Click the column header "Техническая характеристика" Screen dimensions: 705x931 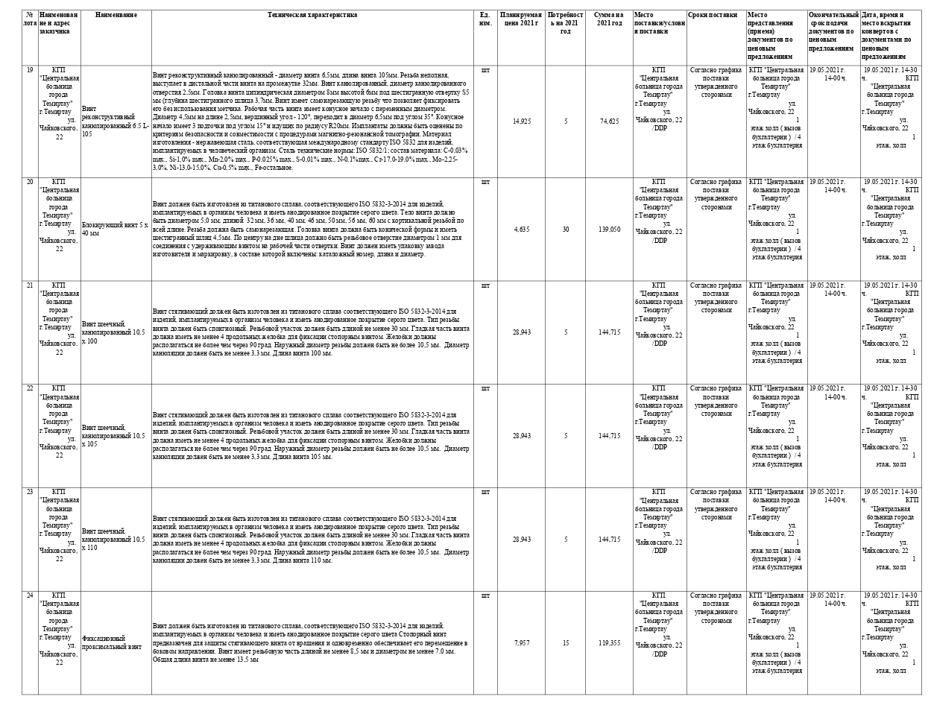point(312,15)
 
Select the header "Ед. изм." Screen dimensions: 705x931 point(485,19)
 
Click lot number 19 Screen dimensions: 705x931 point(30,70)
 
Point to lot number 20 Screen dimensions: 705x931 point(30,182)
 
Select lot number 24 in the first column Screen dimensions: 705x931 point(30,595)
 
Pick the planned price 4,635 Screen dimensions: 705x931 point(522,230)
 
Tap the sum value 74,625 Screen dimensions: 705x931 point(609,121)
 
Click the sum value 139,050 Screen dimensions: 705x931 point(609,230)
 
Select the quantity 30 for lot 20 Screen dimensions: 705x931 point(566,230)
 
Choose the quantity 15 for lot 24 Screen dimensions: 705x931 point(566,642)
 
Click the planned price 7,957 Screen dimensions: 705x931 point(522,642)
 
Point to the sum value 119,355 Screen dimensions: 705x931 point(609,642)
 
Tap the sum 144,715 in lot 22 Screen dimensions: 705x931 point(609,436)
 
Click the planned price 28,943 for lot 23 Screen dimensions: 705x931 point(522,540)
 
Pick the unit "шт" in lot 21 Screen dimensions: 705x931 point(485,285)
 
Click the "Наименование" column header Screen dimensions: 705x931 point(116,15)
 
